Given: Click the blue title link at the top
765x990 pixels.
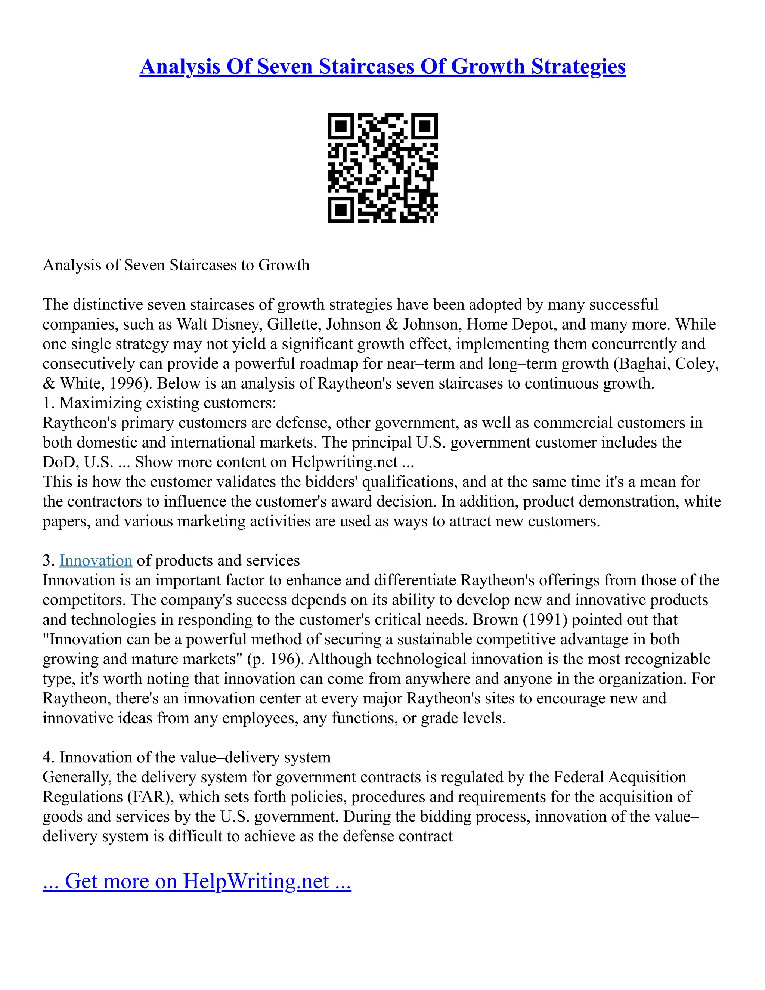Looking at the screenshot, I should click(x=382, y=66).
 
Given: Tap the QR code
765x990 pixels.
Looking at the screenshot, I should click(x=382, y=168).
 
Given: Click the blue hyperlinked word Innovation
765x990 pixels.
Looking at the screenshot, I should click(x=96, y=561).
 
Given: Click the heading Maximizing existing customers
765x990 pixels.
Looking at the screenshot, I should click(x=167, y=403).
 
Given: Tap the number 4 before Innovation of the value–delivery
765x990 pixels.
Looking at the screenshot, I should click(x=46, y=758).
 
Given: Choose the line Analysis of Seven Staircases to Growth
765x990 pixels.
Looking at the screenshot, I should click(x=176, y=265).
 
